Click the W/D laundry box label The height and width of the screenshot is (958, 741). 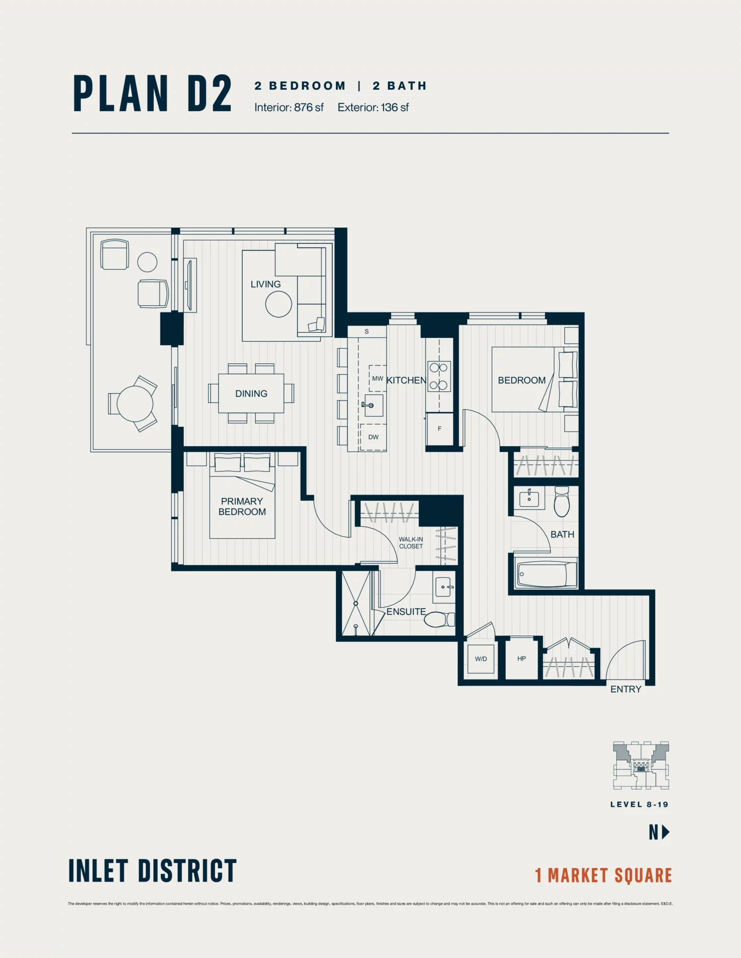481,659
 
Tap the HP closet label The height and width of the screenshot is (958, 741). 521,658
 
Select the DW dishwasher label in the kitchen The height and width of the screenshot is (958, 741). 373,437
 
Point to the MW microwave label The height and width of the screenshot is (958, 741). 377,378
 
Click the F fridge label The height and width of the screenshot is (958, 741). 439,428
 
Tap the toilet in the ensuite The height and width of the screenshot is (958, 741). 439,619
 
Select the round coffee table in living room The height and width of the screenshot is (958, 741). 278,304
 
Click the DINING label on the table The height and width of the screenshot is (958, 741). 251,393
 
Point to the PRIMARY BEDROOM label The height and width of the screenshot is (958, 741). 242,506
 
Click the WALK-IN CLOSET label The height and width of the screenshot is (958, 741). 410,542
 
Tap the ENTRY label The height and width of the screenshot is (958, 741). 625,689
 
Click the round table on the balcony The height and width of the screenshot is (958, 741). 135,404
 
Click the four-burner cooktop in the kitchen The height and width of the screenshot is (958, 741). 439,376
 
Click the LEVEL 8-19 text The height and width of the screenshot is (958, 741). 639,804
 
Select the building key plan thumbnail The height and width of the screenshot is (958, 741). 641,765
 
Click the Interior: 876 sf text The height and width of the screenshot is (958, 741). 289,107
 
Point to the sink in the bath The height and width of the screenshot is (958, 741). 529,498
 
